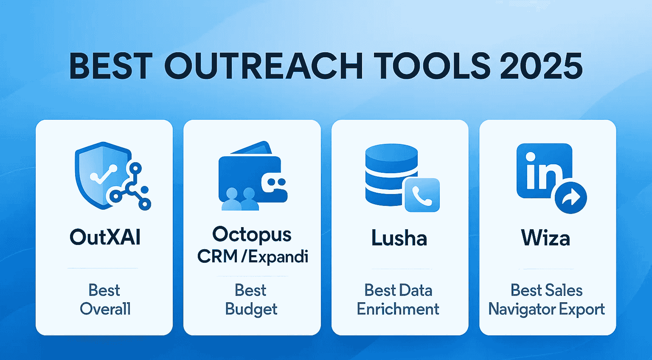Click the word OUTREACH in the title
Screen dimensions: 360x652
[x=263, y=66]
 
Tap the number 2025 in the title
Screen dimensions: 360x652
[x=541, y=66]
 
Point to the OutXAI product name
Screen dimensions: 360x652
[x=105, y=237]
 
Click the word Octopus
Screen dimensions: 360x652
[x=252, y=234]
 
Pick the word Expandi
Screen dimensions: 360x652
[x=278, y=256]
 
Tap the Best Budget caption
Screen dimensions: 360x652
[x=251, y=300]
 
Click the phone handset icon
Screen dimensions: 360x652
[x=422, y=195]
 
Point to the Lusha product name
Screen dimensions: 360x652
[x=399, y=238]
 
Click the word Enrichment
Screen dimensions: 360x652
[x=398, y=309]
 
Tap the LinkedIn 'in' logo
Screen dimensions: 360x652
[x=543, y=171]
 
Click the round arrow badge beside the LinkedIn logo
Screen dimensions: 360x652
[x=571, y=197]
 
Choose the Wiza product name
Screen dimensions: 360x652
[x=545, y=238]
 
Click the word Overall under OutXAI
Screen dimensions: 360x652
[x=105, y=309]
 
